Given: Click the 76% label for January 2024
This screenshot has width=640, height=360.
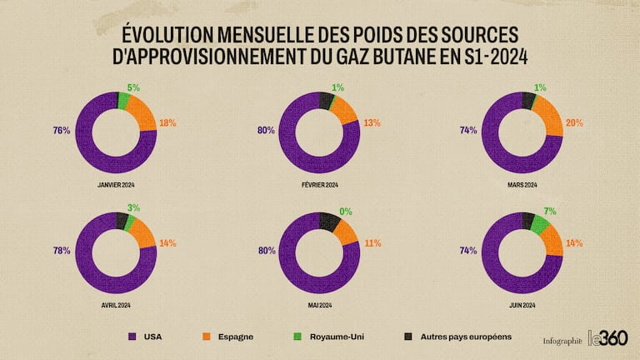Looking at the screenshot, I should point(61,130).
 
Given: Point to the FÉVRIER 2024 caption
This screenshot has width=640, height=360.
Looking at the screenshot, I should point(320,185).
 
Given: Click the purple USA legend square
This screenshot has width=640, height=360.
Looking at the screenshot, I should point(132,337).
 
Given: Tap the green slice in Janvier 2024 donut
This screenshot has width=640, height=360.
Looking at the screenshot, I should point(123,102).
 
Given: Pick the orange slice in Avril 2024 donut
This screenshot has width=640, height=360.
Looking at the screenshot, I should point(142,234).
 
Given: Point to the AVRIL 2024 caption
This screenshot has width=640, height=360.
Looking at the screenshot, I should point(117,306).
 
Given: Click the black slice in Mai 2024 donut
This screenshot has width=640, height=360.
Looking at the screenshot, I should point(329,221).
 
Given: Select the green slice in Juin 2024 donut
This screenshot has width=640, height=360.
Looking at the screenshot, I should point(539,224).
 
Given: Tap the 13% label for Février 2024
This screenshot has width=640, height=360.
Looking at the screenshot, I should point(372,123).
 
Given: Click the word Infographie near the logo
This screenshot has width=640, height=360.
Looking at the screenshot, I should point(562,340).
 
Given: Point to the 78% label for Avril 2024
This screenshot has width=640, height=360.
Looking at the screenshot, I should point(61,251).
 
